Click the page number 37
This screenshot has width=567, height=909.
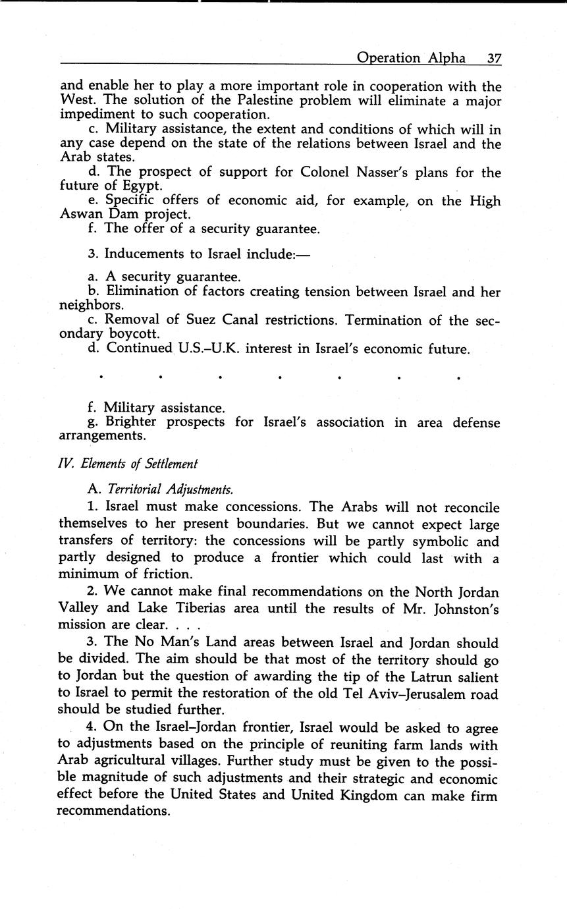click(494, 58)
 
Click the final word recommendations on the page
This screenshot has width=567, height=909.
click(113, 811)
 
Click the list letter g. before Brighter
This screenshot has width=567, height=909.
click(92, 422)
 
